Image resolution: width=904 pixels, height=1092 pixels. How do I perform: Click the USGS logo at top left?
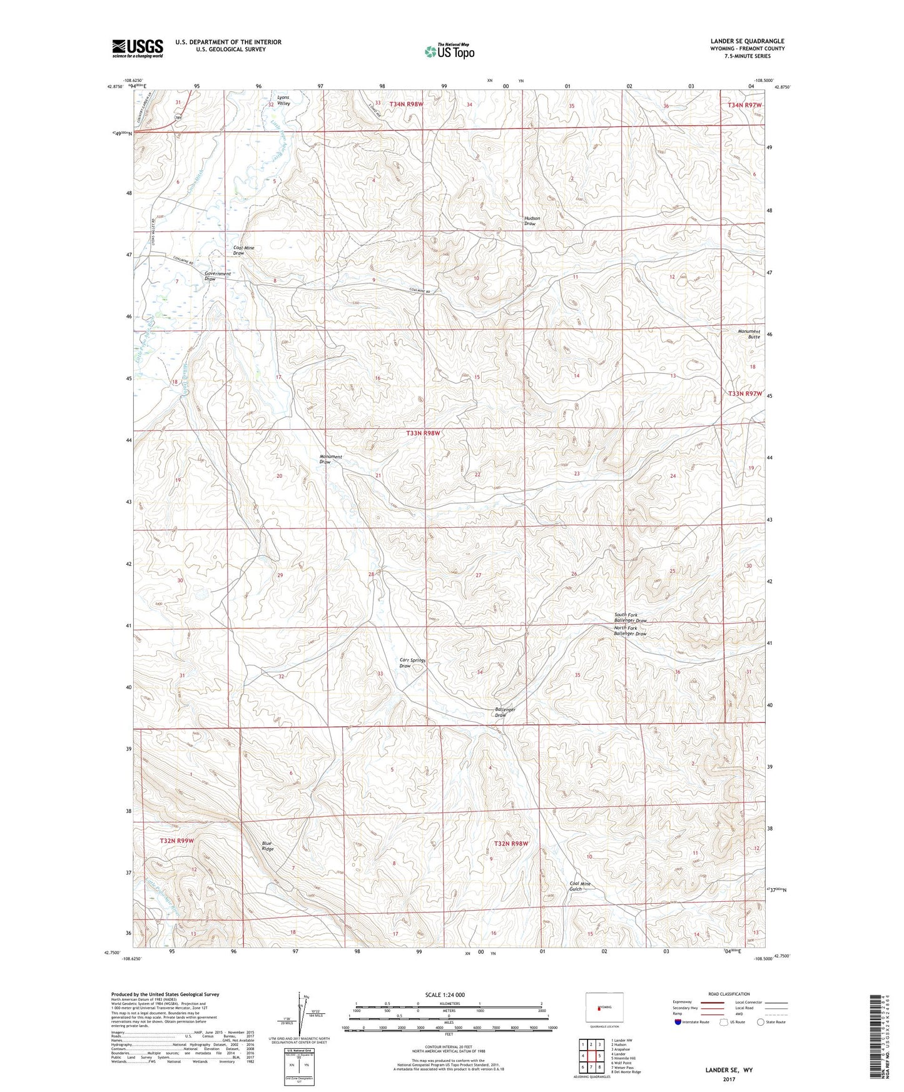coord(138,48)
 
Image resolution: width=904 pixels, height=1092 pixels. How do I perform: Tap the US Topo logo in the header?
coord(449,51)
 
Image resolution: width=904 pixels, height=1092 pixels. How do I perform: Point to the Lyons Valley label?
coord(283,101)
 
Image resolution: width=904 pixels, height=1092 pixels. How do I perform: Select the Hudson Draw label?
coord(532,221)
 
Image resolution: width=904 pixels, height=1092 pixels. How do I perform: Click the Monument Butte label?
coord(749,334)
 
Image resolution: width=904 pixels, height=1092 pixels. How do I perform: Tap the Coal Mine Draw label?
coord(243,250)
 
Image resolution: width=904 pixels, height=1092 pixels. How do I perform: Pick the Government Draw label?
coord(217,276)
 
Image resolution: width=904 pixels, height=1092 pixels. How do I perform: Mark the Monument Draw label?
coord(330,459)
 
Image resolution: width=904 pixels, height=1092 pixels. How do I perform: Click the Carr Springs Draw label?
coord(412,663)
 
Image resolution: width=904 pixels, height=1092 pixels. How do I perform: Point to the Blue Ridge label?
coord(267,846)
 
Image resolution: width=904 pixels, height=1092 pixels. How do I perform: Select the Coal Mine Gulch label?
coord(579,886)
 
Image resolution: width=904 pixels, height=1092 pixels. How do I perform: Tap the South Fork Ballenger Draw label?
coord(630,618)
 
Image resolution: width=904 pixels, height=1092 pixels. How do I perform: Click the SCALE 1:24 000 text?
coord(445,994)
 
